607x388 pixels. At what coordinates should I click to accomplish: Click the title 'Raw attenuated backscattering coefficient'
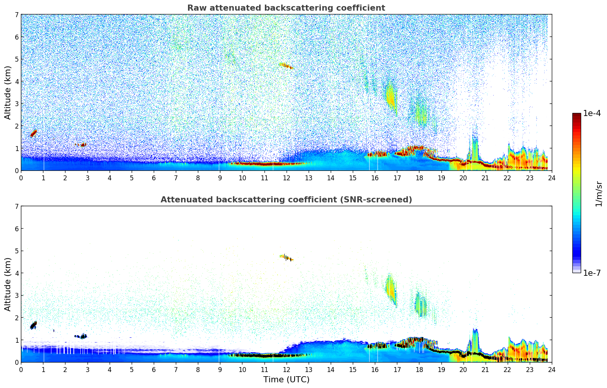(x=286, y=8)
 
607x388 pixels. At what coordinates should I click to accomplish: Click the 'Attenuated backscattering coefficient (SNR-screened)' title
(x=286, y=200)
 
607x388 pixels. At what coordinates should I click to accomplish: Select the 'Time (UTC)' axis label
(x=286, y=380)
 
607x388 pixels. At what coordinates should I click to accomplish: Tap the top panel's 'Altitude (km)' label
(x=8, y=92)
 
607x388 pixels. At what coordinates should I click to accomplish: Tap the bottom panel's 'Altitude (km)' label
(x=8, y=284)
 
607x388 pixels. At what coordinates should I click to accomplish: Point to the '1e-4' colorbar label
(x=592, y=113)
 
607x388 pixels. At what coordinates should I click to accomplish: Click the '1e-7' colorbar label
(x=592, y=273)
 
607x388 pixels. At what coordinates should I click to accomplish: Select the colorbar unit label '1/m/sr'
(x=599, y=194)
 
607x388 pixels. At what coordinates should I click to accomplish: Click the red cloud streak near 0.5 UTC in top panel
(x=34, y=133)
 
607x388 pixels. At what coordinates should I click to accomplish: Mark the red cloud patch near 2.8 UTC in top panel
(x=83, y=145)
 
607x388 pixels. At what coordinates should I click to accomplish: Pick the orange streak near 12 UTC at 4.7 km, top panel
(x=286, y=66)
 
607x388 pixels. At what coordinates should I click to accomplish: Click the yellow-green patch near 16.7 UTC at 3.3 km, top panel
(x=390, y=97)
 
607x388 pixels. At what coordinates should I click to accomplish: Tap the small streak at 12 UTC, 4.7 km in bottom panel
(x=287, y=258)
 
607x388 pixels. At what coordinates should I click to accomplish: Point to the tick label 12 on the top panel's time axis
(x=286, y=178)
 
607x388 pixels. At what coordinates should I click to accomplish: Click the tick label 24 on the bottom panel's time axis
(x=551, y=370)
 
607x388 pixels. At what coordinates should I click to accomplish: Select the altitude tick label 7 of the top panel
(x=17, y=15)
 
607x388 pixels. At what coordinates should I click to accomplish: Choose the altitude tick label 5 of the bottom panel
(x=17, y=251)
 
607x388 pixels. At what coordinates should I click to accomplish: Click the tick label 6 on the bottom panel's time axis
(x=154, y=370)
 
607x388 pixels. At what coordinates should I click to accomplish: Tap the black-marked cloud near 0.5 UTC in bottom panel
(x=33, y=325)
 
